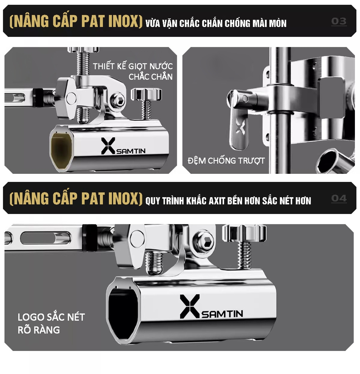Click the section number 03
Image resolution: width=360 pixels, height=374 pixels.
tap(338, 21)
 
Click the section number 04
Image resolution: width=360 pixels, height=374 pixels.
tap(338, 198)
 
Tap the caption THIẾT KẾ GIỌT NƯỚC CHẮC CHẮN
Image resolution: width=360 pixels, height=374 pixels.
tap(133, 72)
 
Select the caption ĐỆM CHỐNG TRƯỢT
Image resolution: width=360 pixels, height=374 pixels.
tap(226, 160)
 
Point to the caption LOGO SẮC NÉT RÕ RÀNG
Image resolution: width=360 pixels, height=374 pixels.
tap(51, 323)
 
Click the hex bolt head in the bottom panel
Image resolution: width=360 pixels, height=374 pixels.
tap(204, 241)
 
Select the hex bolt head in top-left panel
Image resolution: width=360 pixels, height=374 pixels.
tap(117, 100)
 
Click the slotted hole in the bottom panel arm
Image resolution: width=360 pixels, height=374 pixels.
tap(45, 238)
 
